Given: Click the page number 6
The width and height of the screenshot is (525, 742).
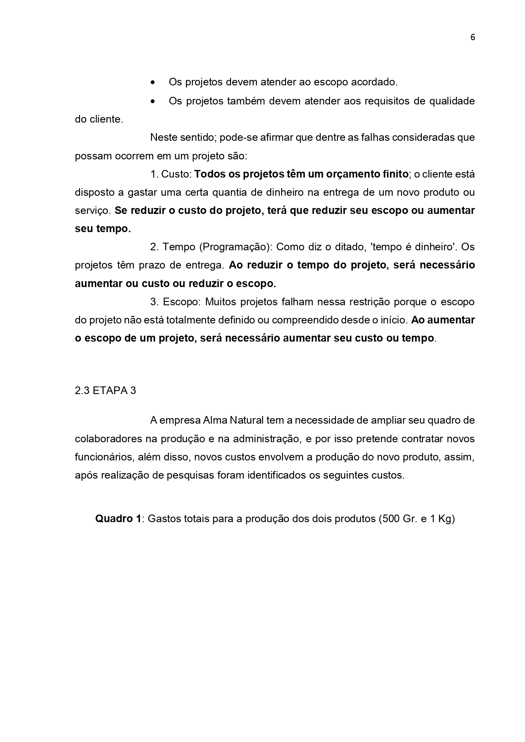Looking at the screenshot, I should pyautogui.click(x=473, y=37).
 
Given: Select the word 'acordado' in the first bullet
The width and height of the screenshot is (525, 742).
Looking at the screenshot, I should pyautogui.click(x=374, y=82).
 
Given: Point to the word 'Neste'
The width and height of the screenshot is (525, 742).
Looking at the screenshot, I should pyautogui.click(x=162, y=137).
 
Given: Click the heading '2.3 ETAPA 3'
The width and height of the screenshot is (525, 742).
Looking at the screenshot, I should pyautogui.click(x=105, y=390).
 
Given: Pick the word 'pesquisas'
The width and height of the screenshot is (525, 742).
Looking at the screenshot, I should pyautogui.click(x=190, y=475).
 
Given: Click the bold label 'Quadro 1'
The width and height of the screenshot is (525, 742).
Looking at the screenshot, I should pyautogui.click(x=118, y=519).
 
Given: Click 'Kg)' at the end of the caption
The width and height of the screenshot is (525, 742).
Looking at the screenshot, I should pyautogui.click(x=446, y=519).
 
